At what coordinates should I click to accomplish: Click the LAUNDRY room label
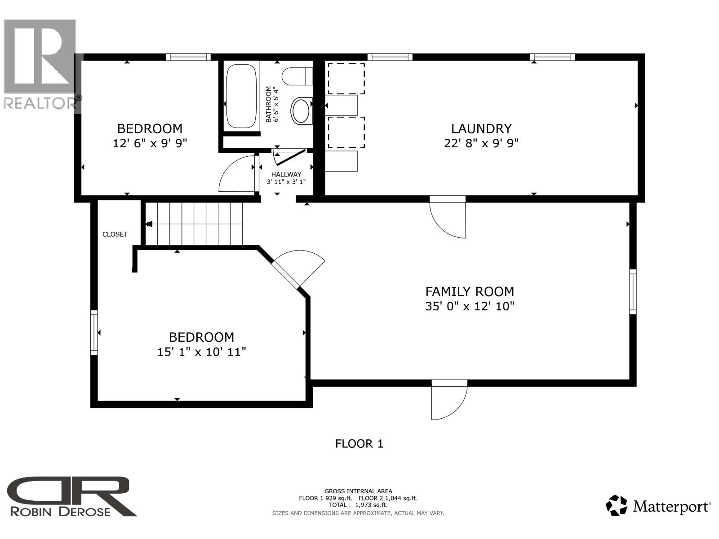coord(481,129)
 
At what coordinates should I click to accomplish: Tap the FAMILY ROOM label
coord(470,292)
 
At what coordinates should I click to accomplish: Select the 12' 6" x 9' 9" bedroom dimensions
coord(150,143)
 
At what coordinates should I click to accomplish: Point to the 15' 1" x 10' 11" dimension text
coord(202,352)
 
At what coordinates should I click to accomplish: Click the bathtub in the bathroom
coord(241,96)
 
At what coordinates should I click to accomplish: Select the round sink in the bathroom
coord(301,110)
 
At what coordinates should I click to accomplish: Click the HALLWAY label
coord(286,174)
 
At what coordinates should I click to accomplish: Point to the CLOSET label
coord(115,234)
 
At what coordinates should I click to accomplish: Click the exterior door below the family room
coord(449,401)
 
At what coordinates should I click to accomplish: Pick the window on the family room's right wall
coord(633,292)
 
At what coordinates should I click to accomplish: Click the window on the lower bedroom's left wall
coord(94,332)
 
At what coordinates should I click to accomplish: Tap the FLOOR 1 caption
coord(359,444)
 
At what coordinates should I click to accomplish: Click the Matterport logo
coord(658,507)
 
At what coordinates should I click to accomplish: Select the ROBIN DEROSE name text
coord(60,511)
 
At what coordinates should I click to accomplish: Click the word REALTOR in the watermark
coord(40,103)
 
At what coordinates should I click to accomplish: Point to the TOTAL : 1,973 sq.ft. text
coord(358,505)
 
